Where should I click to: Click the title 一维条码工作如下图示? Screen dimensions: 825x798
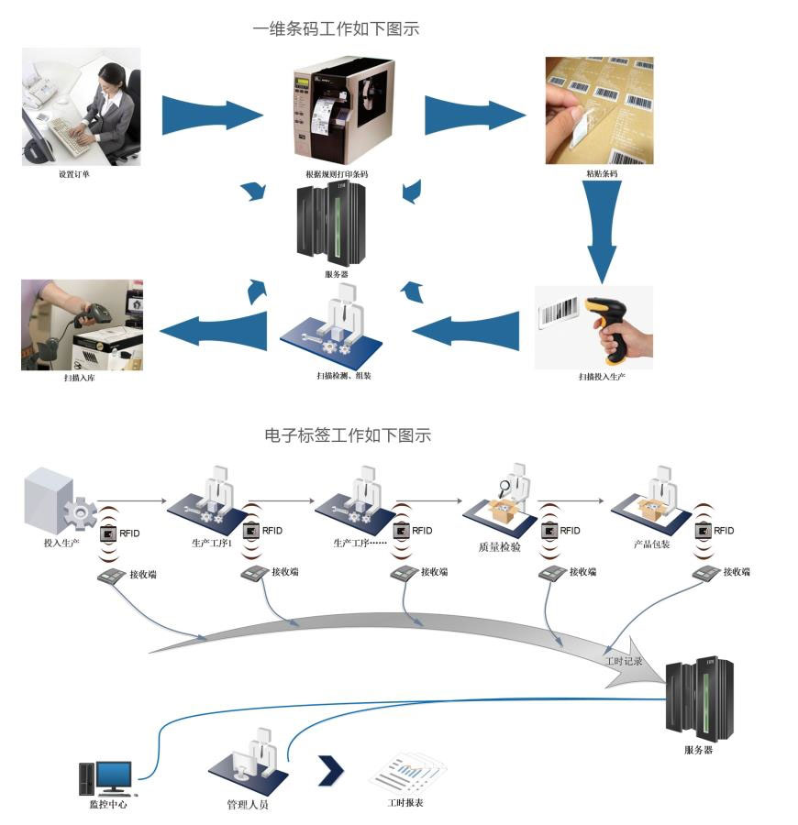pyautogui.click(x=336, y=29)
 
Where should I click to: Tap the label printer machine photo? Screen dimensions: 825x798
pyautogui.click(x=341, y=110)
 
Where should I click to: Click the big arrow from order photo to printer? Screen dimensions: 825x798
pyautogui.click(x=212, y=114)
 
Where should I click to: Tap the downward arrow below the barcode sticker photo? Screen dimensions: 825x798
pyautogui.click(x=602, y=229)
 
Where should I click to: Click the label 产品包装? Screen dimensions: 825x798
pyautogui.click(x=652, y=543)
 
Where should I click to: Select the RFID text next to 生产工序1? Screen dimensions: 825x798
pyautogui.click(x=272, y=531)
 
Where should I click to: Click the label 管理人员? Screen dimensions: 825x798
pyautogui.click(x=248, y=805)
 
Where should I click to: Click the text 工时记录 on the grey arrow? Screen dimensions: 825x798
pyautogui.click(x=624, y=660)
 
